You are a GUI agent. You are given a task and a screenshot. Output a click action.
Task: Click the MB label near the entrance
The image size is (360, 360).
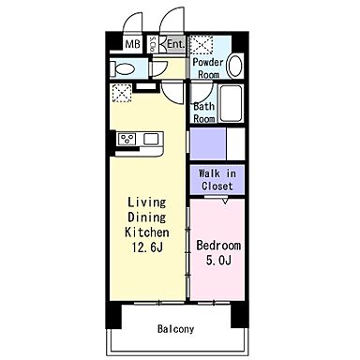click(x=132, y=44)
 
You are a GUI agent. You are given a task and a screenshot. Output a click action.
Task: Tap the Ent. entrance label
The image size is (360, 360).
click(x=176, y=44)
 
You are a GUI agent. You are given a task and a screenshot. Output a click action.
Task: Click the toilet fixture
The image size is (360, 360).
click(x=122, y=68)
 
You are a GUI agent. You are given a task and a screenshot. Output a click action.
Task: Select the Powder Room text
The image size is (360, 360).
click(x=208, y=68)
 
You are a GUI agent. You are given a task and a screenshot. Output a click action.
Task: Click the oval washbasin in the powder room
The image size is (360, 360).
click(x=234, y=66)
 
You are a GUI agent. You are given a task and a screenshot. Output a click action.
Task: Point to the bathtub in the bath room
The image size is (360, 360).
click(x=231, y=103)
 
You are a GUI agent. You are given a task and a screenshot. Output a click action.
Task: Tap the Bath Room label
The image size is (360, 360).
click(x=204, y=112)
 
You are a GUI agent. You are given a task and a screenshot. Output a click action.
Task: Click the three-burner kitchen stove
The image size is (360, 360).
click(x=127, y=139)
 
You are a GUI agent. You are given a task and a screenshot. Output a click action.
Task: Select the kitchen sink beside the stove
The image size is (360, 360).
click(x=151, y=139)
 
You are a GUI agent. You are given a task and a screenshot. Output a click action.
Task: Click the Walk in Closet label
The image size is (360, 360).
click(x=217, y=180)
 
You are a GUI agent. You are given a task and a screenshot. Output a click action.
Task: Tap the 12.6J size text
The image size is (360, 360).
click(x=147, y=247)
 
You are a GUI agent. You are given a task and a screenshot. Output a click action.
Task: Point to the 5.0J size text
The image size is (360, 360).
click(x=218, y=260)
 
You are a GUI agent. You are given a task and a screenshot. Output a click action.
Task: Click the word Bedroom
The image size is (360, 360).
click(x=218, y=246)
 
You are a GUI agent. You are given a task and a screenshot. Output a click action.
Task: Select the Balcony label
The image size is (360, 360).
click(x=175, y=329)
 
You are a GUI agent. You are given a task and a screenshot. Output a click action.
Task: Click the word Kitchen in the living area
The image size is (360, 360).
click(x=147, y=232)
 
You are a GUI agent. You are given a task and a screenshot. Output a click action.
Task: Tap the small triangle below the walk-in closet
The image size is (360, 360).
click(x=226, y=201)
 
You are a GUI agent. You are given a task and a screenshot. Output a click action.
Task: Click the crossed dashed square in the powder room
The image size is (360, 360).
click(x=202, y=45)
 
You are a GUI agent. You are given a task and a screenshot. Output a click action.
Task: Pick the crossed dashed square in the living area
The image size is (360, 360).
click(x=122, y=93)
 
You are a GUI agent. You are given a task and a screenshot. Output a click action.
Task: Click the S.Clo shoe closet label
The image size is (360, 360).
click(x=153, y=44)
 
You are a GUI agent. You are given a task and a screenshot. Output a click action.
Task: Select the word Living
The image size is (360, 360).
click(x=147, y=202)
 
